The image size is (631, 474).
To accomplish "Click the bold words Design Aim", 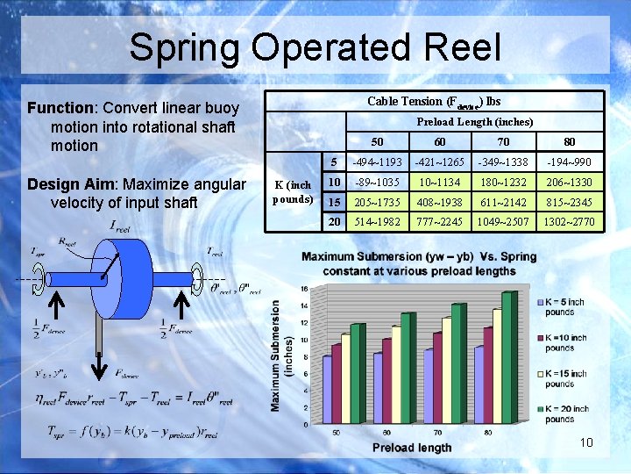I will click(73, 184).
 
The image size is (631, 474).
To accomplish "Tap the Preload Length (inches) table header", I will click(474, 122).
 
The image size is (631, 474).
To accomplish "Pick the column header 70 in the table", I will click(502, 141).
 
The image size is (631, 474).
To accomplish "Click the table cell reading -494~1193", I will click(377, 162).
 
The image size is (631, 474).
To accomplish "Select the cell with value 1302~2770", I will click(568, 222).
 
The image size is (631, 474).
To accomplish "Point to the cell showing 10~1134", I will click(440, 183).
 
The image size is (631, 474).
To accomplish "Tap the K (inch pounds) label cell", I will click(293, 192).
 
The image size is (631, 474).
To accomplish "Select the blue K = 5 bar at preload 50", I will click(328, 390).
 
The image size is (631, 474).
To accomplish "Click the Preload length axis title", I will click(412, 448).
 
